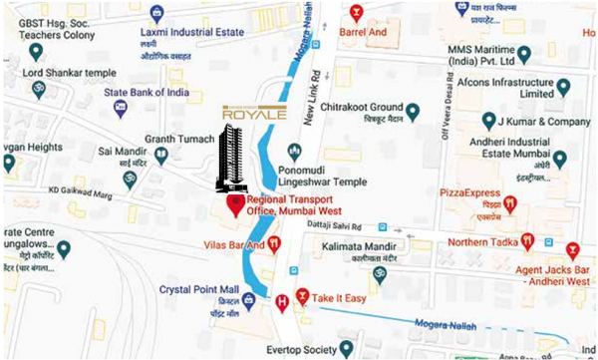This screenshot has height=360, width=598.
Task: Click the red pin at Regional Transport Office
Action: coord(236,206)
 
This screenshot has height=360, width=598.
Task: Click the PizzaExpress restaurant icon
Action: coord(510,203)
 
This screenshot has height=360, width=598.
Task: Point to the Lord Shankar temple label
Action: coord(69,71)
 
